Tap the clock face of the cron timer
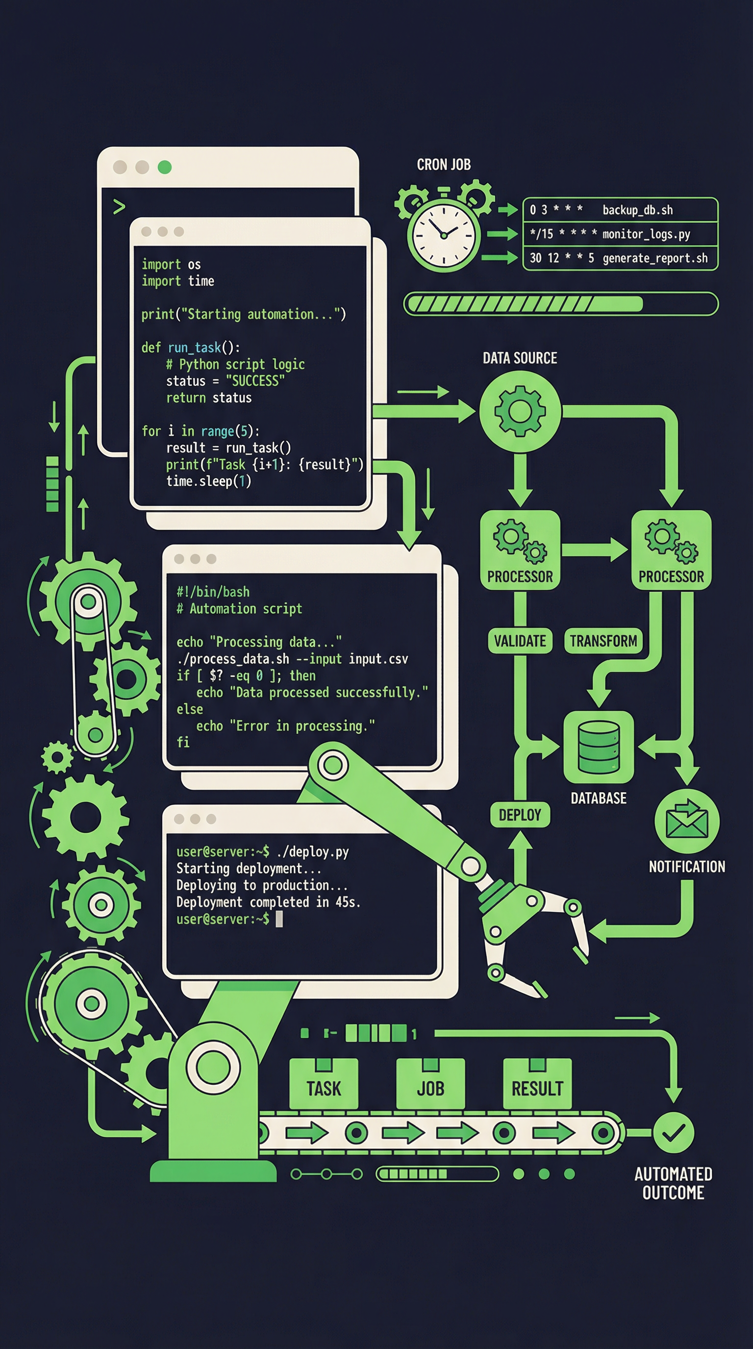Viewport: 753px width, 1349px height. pos(444,236)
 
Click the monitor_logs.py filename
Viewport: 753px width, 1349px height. pos(646,234)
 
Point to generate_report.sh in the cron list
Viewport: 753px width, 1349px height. pos(655,258)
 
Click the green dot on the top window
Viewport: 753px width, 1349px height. pos(164,167)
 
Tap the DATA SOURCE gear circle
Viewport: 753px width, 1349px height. pos(520,411)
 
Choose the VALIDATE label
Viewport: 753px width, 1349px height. pos(520,641)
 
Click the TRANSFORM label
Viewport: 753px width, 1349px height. pos(603,641)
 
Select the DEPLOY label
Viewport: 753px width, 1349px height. pos(520,815)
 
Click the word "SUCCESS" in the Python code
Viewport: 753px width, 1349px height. pos(255,381)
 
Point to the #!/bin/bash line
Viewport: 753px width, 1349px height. pos(213,592)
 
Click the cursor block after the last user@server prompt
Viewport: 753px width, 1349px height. pos(279,919)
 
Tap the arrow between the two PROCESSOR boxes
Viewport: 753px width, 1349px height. pos(595,550)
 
